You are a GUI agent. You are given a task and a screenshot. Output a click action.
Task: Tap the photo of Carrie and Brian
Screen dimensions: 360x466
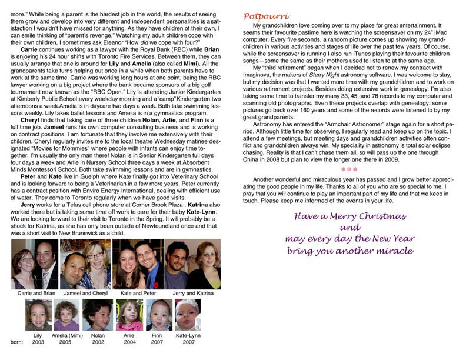point(35,264)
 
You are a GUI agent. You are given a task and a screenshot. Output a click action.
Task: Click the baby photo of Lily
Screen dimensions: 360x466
point(38,315)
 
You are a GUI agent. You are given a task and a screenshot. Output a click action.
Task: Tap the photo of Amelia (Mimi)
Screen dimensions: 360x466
point(66,315)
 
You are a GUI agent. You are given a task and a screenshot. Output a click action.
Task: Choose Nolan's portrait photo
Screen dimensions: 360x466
point(97,315)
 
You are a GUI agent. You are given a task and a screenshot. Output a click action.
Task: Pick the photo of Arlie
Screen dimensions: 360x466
point(129,315)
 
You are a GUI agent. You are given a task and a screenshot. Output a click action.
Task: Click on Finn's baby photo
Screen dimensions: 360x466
point(158,315)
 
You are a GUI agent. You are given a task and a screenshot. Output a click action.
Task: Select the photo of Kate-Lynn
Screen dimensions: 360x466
point(188,315)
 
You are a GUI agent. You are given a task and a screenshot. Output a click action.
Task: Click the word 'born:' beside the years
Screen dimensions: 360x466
point(17,341)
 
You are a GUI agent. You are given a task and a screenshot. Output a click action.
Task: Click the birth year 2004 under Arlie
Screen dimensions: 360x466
point(129,341)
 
